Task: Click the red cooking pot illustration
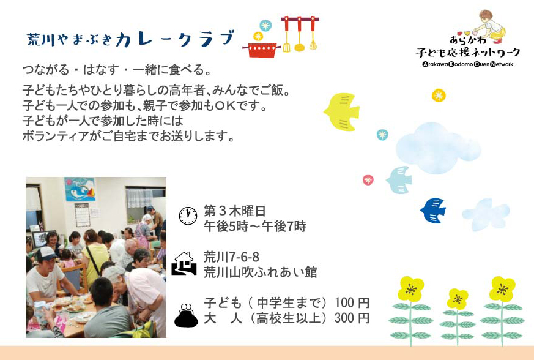(262, 50)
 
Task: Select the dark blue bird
(433, 211)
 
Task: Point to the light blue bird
(399, 179)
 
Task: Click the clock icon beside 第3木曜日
(188, 216)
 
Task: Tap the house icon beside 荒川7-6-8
(184, 263)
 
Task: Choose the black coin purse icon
(186, 315)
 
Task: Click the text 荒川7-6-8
(231, 257)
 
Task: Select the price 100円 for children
(352, 302)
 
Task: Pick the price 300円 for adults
(352, 318)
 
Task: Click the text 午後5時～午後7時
(254, 226)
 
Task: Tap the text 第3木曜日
(234, 211)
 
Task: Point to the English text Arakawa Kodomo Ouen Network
(468, 64)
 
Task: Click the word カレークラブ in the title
(175, 39)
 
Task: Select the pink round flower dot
(368, 179)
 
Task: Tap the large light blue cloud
(437, 148)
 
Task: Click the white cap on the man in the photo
(45, 253)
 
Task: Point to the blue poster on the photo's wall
(80, 189)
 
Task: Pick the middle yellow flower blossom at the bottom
(458, 299)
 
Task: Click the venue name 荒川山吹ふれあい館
(260, 272)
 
